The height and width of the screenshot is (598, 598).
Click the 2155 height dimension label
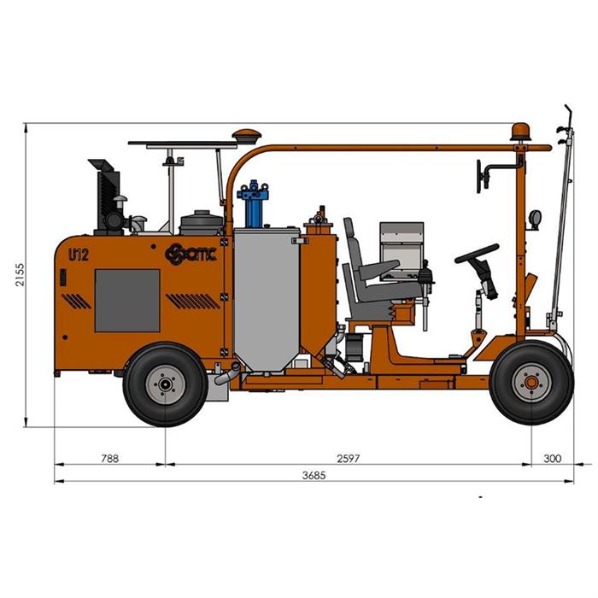click(x=19, y=274)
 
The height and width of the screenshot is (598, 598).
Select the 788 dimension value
click(x=110, y=458)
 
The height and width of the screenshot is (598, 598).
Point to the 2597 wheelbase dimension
click(x=348, y=458)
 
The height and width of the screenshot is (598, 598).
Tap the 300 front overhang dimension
click(x=552, y=458)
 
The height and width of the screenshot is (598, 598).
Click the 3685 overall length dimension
click(x=314, y=475)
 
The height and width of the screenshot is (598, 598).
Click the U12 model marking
click(x=79, y=255)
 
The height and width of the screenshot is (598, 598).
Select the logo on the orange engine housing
click(x=191, y=254)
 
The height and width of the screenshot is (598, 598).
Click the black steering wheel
click(x=477, y=253)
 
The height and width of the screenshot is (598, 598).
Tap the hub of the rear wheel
click(x=165, y=384)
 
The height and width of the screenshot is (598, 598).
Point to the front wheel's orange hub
click(x=531, y=383)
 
